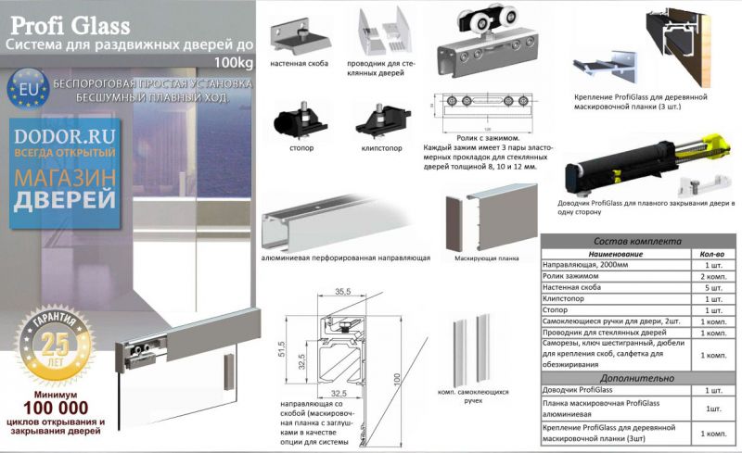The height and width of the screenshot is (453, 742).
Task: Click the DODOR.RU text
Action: coord(62,135)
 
